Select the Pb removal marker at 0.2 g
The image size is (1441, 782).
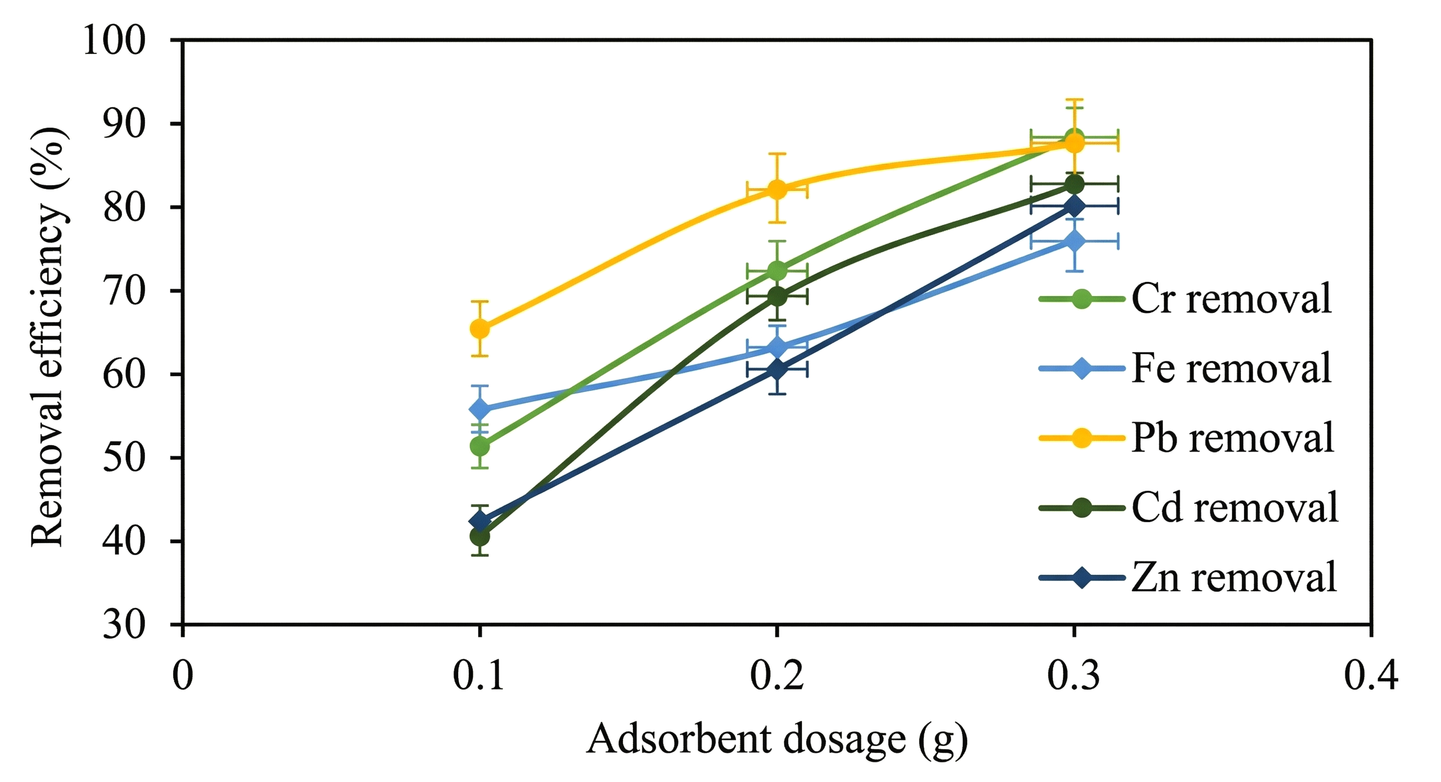coord(777,189)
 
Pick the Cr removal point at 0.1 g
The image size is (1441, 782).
coord(479,446)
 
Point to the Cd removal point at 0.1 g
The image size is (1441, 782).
coord(479,536)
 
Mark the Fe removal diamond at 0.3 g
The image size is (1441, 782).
coord(1074,242)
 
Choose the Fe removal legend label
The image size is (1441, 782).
coord(1231,368)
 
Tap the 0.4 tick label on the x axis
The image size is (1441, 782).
coord(1371,675)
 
